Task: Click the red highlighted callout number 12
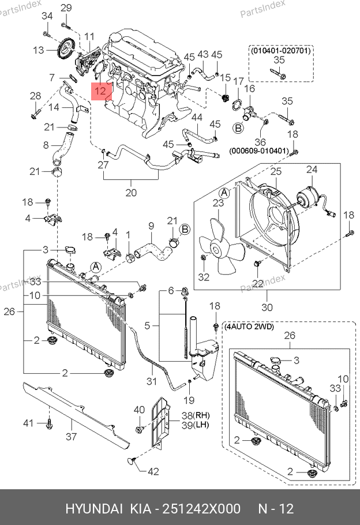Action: (x=101, y=91)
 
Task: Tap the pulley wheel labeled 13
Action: (x=65, y=49)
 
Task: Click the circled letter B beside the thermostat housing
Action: (x=238, y=128)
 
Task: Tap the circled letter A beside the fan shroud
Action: (x=224, y=193)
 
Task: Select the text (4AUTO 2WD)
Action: (x=249, y=326)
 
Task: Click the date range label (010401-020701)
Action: (x=280, y=51)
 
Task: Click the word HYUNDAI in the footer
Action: (x=94, y=509)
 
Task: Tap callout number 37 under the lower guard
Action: (x=72, y=436)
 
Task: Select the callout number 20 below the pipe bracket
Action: (x=131, y=193)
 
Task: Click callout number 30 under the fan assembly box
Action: (x=267, y=307)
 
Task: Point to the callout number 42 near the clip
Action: (x=153, y=471)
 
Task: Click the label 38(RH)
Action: (x=196, y=415)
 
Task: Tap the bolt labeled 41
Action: (x=49, y=423)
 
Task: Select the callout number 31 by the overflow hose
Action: (x=151, y=381)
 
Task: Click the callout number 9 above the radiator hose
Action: (x=151, y=226)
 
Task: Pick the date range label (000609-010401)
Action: (x=259, y=151)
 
